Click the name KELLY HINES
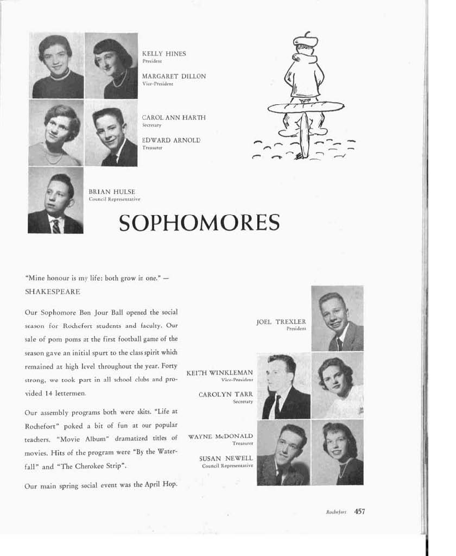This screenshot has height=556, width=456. pyautogui.click(x=163, y=54)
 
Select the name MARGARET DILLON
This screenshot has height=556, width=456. pyautogui.click(x=174, y=77)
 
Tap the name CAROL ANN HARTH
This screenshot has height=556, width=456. pyautogui.click(x=174, y=117)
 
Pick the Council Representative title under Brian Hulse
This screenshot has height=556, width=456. pyautogui.click(x=115, y=199)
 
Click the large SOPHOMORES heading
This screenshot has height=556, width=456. pyautogui.click(x=199, y=223)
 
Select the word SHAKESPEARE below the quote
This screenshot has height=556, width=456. pyautogui.click(x=53, y=292)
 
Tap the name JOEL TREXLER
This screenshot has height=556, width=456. pyautogui.click(x=281, y=321)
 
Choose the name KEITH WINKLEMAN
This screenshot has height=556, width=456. pyautogui.click(x=219, y=372)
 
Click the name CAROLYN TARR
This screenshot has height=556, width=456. pyautogui.click(x=226, y=395)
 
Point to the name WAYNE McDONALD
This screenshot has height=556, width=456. pyautogui.click(x=220, y=436)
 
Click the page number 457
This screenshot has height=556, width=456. pyautogui.click(x=359, y=511)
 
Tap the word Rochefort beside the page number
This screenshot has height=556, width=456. pyautogui.click(x=337, y=511)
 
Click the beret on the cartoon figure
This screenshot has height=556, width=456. pyautogui.click(x=305, y=40)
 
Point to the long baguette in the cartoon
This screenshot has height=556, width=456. pyautogui.click(x=306, y=107)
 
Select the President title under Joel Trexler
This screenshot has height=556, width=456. pyautogui.click(x=296, y=328)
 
